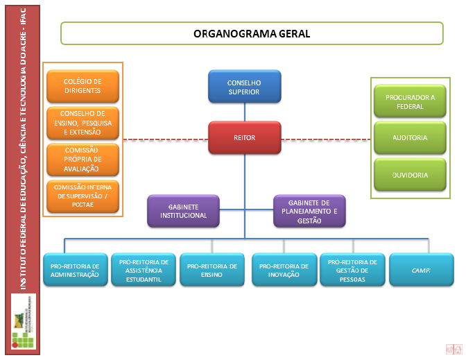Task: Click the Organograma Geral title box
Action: tap(252, 33)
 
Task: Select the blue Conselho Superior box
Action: tap(244, 87)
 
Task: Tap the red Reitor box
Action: tap(244, 138)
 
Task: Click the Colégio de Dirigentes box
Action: tap(83, 86)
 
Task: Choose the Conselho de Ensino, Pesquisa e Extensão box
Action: tap(83, 123)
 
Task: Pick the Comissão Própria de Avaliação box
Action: tap(83, 159)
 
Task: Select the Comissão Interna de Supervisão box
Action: tap(83, 196)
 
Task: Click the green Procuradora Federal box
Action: tap(410, 102)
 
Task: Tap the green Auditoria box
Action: tap(410, 138)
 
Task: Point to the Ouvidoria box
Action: tap(410, 175)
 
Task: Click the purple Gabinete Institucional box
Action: tap(183, 211)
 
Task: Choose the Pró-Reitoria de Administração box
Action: tap(75, 270)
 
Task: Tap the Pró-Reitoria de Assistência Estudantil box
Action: tap(144, 270)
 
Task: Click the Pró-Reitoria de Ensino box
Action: tap(211, 270)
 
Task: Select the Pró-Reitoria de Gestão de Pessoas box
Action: tap(352, 270)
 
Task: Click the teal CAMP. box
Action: tap(421, 270)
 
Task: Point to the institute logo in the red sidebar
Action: tap(24, 320)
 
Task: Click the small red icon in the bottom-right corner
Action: tap(454, 349)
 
